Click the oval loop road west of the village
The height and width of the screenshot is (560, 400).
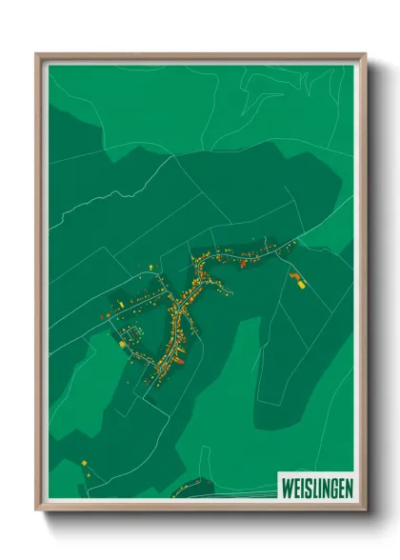click(131, 333)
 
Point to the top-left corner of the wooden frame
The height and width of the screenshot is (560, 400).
click(37, 54)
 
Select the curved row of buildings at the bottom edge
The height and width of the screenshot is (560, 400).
click(195, 488)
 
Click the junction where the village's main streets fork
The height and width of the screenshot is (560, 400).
click(195, 276)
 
